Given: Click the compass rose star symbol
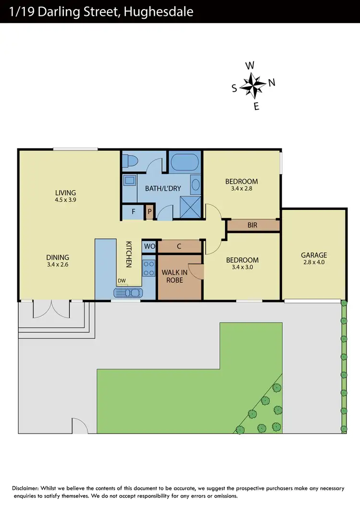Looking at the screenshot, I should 252,85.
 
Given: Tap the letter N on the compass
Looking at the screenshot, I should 272,83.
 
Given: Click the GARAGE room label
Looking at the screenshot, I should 314,255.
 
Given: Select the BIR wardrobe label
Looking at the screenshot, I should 252,225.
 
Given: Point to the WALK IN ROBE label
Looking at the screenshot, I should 174,276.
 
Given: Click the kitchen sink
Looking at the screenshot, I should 128,292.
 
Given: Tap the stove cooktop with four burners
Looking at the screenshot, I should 149,268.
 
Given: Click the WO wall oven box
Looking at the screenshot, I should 149,246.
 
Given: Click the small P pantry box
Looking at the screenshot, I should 149,211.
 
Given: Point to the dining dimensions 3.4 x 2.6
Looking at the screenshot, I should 58,264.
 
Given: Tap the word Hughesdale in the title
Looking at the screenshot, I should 158,12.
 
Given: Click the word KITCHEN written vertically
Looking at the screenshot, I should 129,254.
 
